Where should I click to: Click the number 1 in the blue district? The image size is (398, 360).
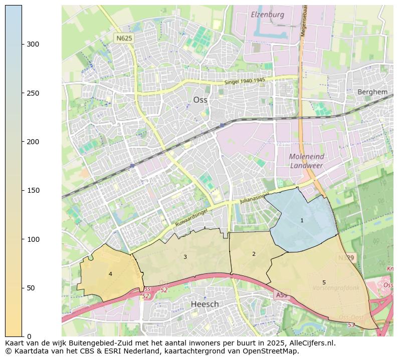(x=302, y=220)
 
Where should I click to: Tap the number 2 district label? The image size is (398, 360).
(x=254, y=254)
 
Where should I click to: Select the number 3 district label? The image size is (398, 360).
(x=185, y=257)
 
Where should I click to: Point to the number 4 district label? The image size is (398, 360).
(x=110, y=274)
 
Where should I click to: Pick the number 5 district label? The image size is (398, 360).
(x=324, y=283)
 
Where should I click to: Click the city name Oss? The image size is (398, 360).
(x=200, y=100)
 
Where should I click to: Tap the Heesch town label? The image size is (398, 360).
(x=205, y=304)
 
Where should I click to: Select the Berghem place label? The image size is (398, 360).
(x=372, y=92)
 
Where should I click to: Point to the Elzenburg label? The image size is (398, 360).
(x=267, y=15)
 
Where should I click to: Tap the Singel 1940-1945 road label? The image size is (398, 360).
(x=245, y=81)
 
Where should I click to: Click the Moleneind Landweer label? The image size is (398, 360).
(x=307, y=161)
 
